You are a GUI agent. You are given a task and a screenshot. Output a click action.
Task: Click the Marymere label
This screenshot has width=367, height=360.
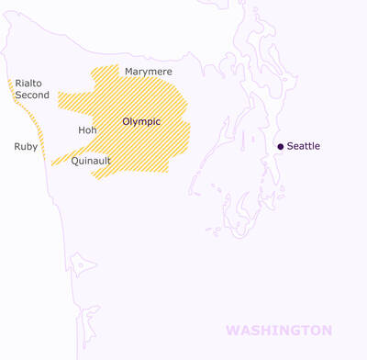(149, 71)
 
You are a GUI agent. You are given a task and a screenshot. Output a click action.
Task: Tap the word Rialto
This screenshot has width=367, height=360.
(28, 84)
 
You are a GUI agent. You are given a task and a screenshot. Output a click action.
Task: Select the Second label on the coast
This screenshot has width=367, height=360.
(32, 95)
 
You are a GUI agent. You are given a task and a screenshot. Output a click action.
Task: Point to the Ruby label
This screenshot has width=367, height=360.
(26, 146)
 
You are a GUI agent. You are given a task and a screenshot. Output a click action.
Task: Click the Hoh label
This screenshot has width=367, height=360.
(87, 130)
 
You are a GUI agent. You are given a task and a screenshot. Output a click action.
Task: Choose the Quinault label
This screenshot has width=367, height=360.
(91, 161)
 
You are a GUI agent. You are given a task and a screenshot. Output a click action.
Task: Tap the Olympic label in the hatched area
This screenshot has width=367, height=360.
(141, 121)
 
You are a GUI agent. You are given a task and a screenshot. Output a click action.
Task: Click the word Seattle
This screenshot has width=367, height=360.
(304, 146)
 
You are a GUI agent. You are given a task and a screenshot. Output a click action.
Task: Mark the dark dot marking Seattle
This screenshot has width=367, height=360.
(282, 146)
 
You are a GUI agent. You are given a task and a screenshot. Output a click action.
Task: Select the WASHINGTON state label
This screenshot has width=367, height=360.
(279, 330)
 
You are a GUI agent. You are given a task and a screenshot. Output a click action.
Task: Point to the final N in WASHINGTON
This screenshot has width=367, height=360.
(326, 330)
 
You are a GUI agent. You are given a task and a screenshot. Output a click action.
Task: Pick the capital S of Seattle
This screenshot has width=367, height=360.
(291, 146)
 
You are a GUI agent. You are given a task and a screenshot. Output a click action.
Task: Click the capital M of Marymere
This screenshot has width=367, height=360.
(129, 71)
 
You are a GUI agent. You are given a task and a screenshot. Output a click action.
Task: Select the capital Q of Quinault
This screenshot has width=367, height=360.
(74, 161)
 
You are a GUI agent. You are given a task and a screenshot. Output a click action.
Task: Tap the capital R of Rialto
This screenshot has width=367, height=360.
(18, 84)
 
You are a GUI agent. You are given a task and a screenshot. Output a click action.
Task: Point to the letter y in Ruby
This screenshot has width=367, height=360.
(35, 148)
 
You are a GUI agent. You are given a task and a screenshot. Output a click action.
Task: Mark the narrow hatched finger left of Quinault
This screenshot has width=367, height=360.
(62, 160)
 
